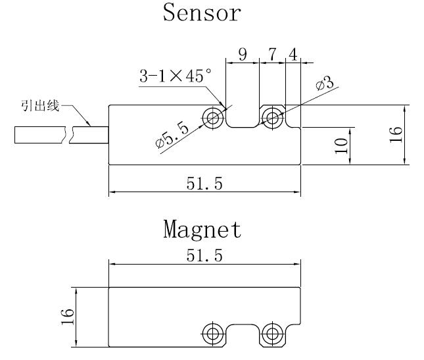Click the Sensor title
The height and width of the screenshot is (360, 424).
tap(202, 13)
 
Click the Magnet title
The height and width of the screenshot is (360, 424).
tap(202, 230)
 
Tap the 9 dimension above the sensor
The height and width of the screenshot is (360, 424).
tap(243, 55)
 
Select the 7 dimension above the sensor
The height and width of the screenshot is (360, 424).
tap(272, 55)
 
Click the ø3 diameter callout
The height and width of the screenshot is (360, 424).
tap(325, 85)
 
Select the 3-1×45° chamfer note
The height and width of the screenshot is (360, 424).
tap(175, 76)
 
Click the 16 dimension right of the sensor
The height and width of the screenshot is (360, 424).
tap(395, 135)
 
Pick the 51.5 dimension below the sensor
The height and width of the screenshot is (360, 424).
tap(204, 184)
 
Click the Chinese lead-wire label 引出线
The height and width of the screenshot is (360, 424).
tap(39, 105)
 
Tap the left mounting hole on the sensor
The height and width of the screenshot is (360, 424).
tap(212, 118)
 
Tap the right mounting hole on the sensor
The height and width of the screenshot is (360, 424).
tap(271, 118)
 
